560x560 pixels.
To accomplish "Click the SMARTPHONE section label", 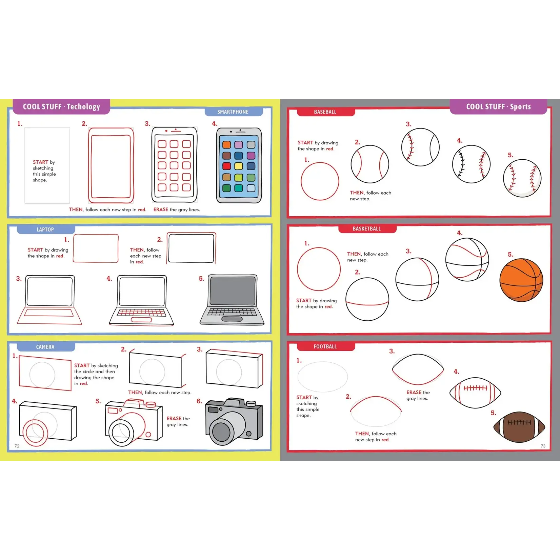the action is coord(233,112).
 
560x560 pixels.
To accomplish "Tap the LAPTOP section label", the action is coord(45,229).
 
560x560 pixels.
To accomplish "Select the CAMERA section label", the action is coord(45,347).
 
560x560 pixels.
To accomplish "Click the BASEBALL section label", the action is coord(325,112).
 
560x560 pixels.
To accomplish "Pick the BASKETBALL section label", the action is coord(366,229).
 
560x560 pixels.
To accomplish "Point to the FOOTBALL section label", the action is coord(325,346).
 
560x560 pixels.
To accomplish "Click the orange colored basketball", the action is coord(521,280).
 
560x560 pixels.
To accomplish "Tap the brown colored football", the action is coord(519,427).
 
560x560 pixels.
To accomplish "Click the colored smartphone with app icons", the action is coord(239,165).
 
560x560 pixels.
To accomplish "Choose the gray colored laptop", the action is coord(232,300).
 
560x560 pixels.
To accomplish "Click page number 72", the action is coord(17,446).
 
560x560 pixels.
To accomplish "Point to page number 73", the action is coord(543,446).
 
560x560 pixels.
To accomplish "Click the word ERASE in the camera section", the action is coord(174,418).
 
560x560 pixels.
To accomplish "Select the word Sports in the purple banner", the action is coord(520,107).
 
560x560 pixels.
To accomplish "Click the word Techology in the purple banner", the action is coord(83,107).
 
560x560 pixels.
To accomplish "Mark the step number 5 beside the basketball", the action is coord(511,255).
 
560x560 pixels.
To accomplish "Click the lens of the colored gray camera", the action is coord(221,432).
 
